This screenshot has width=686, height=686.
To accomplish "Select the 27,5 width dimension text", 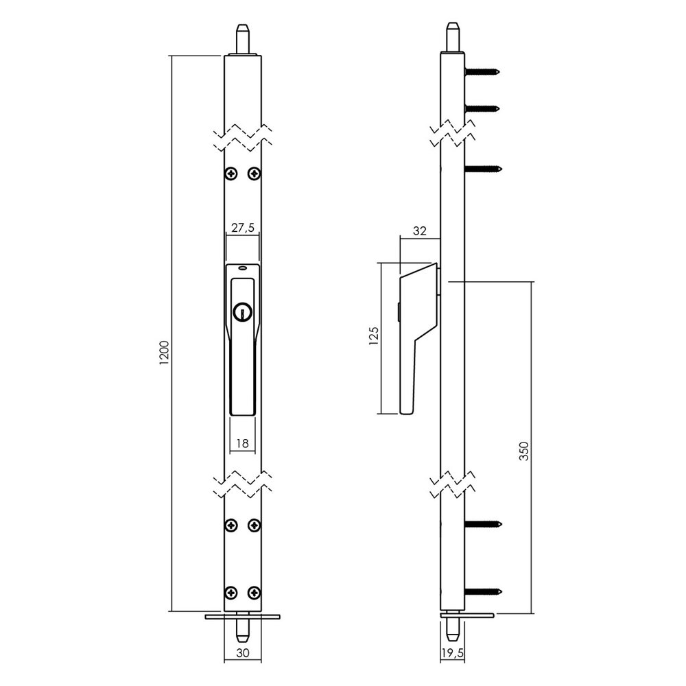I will (x=242, y=226).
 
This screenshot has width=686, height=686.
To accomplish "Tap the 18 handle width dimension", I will (x=241, y=443).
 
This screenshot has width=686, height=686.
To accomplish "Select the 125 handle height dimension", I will (x=373, y=338).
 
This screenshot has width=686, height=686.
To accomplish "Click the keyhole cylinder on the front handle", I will (x=241, y=311).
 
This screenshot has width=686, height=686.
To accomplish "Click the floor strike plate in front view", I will (x=242, y=617).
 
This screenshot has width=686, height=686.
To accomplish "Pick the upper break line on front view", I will (x=242, y=137).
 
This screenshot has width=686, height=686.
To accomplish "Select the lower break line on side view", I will (x=453, y=484).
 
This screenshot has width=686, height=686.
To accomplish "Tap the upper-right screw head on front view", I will (x=254, y=173).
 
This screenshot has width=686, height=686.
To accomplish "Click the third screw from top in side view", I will (x=484, y=168).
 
